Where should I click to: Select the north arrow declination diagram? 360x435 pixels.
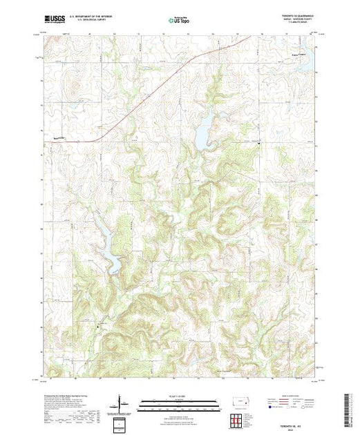[x=123, y=401]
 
